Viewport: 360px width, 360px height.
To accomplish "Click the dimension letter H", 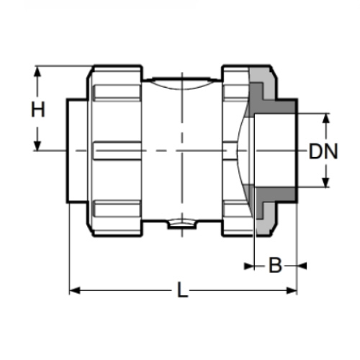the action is [x=38, y=109].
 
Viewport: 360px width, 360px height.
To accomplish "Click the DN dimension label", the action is [x=323, y=151].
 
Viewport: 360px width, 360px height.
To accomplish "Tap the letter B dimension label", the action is [x=275, y=266].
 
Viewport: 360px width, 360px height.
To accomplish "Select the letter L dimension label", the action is [x=182, y=290].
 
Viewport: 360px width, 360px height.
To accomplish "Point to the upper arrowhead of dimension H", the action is [x=37, y=72].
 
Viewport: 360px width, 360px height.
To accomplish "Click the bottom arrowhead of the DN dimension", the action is [x=325, y=182].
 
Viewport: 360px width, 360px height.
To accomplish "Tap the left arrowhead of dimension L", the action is [x=74, y=291].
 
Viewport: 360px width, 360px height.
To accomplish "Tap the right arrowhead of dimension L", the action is [x=292, y=291].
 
